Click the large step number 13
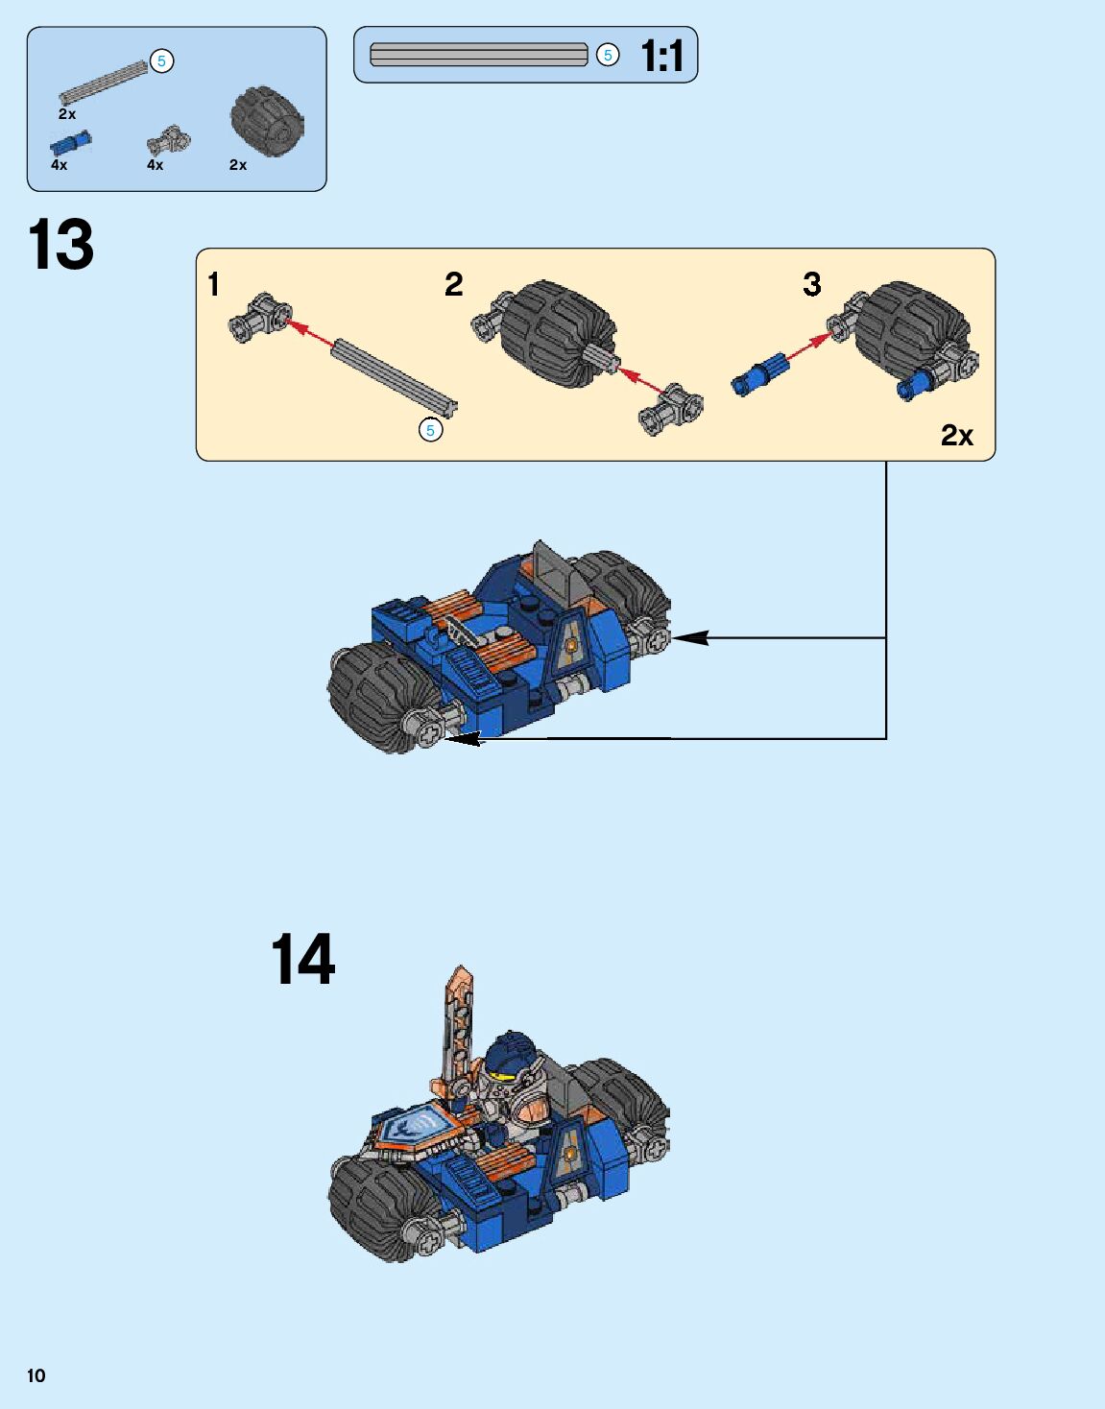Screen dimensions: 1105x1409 coord(60,244)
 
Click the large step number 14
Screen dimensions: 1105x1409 coord(302,959)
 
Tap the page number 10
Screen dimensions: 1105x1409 coord(36,1375)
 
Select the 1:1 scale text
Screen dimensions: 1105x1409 coord(662,55)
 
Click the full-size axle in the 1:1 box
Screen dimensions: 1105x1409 coord(478,55)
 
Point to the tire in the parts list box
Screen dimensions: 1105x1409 coord(267,121)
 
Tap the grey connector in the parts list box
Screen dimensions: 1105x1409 coord(169,139)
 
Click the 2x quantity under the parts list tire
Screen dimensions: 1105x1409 coord(238,165)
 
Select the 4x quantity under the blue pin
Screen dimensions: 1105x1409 coord(59,165)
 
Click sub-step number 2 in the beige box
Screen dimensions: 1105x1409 coord(454,284)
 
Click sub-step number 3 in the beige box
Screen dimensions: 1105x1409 coord(812,284)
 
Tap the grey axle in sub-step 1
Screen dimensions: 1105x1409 coord(395,375)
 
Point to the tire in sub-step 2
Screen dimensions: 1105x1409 coord(557,334)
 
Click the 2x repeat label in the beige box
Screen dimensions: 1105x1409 coord(957,435)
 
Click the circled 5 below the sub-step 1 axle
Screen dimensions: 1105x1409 coord(431,430)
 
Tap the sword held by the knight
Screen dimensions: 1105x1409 coord(455,1039)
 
